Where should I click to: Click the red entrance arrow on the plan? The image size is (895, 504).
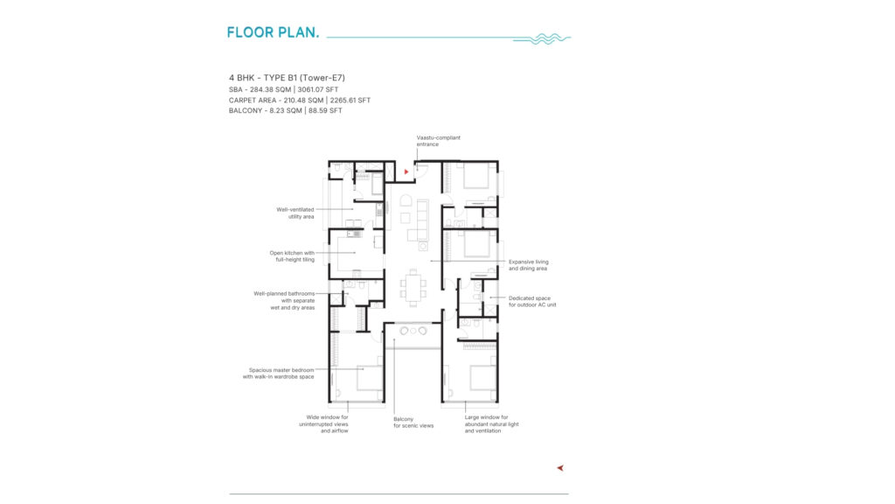[x=406, y=171]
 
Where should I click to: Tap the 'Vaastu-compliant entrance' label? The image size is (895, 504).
[x=439, y=141]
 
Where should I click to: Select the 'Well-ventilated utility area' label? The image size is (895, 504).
[x=295, y=213]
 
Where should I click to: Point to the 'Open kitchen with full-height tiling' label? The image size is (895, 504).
[x=292, y=256]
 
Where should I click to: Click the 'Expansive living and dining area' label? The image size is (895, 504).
[x=529, y=265]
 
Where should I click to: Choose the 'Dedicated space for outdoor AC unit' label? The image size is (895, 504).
[x=532, y=301]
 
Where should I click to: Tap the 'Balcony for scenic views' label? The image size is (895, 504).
[x=413, y=423]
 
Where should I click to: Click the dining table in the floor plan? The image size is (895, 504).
[x=413, y=287]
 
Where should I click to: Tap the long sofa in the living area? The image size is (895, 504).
[x=422, y=220]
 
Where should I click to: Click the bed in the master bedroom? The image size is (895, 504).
[x=370, y=378]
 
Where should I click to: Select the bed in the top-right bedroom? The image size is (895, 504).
[x=476, y=175]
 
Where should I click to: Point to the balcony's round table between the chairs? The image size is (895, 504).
[x=413, y=331]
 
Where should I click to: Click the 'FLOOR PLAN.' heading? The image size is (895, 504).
[x=273, y=32]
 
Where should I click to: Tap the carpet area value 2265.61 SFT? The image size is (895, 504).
[x=350, y=100]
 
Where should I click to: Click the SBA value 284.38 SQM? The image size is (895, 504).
[x=271, y=90]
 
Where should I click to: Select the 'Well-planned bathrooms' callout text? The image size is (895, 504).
[x=284, y=301]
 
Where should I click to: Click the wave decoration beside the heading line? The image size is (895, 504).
[x=542, y=38]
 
